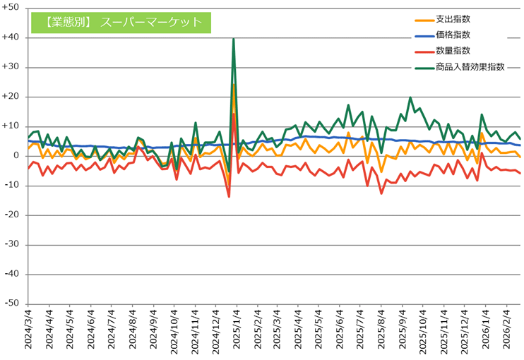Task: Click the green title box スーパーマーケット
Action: point(121,22)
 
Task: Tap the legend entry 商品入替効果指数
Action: point(470,66)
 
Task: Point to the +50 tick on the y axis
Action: point(12,8)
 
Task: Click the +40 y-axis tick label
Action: point(12,37)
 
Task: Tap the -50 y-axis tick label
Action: point(12,304)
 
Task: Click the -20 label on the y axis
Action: point(12,215)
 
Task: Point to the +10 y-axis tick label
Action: point(12,126)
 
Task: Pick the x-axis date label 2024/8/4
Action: point(134,332)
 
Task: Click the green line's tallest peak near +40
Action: point(233,40)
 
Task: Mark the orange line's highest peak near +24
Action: point(233,85)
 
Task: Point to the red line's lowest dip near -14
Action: point(229,196)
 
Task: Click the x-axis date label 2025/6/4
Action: point(340,332)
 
